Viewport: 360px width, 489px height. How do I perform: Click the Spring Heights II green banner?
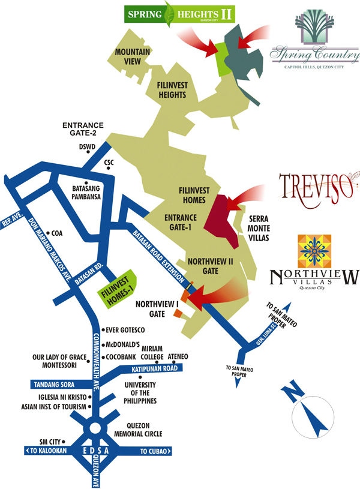(179, 13)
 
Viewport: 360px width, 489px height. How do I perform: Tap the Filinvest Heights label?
(171, 91)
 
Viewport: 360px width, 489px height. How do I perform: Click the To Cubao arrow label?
(155, 451)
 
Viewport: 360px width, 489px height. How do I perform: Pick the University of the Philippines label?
(141, 393)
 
